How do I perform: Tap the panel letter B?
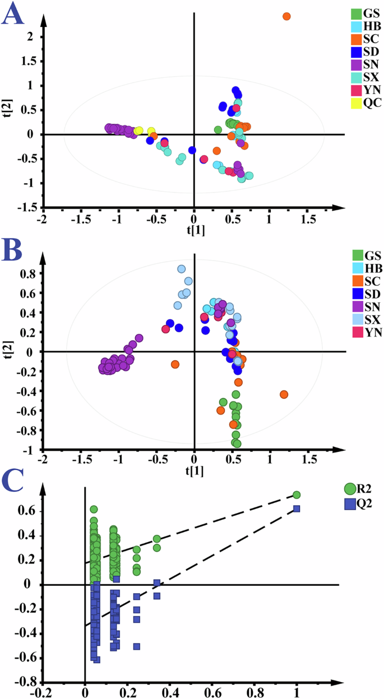[12, 251]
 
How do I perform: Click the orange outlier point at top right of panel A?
[286, 16]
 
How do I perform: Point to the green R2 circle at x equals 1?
[297, 495]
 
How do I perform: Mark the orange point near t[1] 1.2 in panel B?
[284, 394]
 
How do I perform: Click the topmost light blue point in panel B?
[182, 269]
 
